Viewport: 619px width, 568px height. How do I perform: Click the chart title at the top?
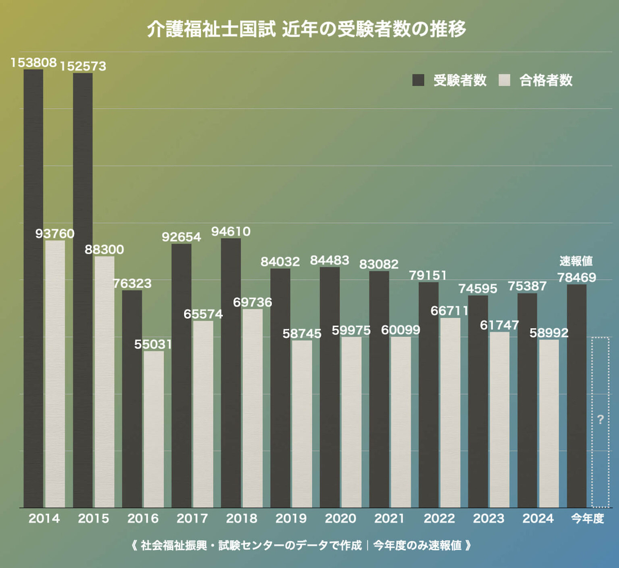point(306,29)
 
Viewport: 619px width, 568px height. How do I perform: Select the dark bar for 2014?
point(34,289)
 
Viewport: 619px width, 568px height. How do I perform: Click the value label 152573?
point(83,66)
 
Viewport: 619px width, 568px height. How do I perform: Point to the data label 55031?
point(153,344)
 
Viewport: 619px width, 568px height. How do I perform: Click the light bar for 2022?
point(450,413)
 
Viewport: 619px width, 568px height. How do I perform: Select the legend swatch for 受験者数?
point(418,80)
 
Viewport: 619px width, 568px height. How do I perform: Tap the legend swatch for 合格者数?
point(504,80)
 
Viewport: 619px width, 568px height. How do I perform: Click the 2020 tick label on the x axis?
point(340,518)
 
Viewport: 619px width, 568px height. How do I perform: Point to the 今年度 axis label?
point(588,518)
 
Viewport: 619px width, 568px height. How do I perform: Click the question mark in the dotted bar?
point(600,419)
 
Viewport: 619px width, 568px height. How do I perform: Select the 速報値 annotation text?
point(576,261)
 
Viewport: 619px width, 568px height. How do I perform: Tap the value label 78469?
point(577,278)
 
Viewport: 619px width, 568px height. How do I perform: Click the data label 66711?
point(450,311)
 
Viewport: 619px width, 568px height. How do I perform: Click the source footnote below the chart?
point(302,545)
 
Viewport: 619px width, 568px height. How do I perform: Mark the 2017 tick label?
point(192,518)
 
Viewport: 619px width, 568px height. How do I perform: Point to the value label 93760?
point(55,234)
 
